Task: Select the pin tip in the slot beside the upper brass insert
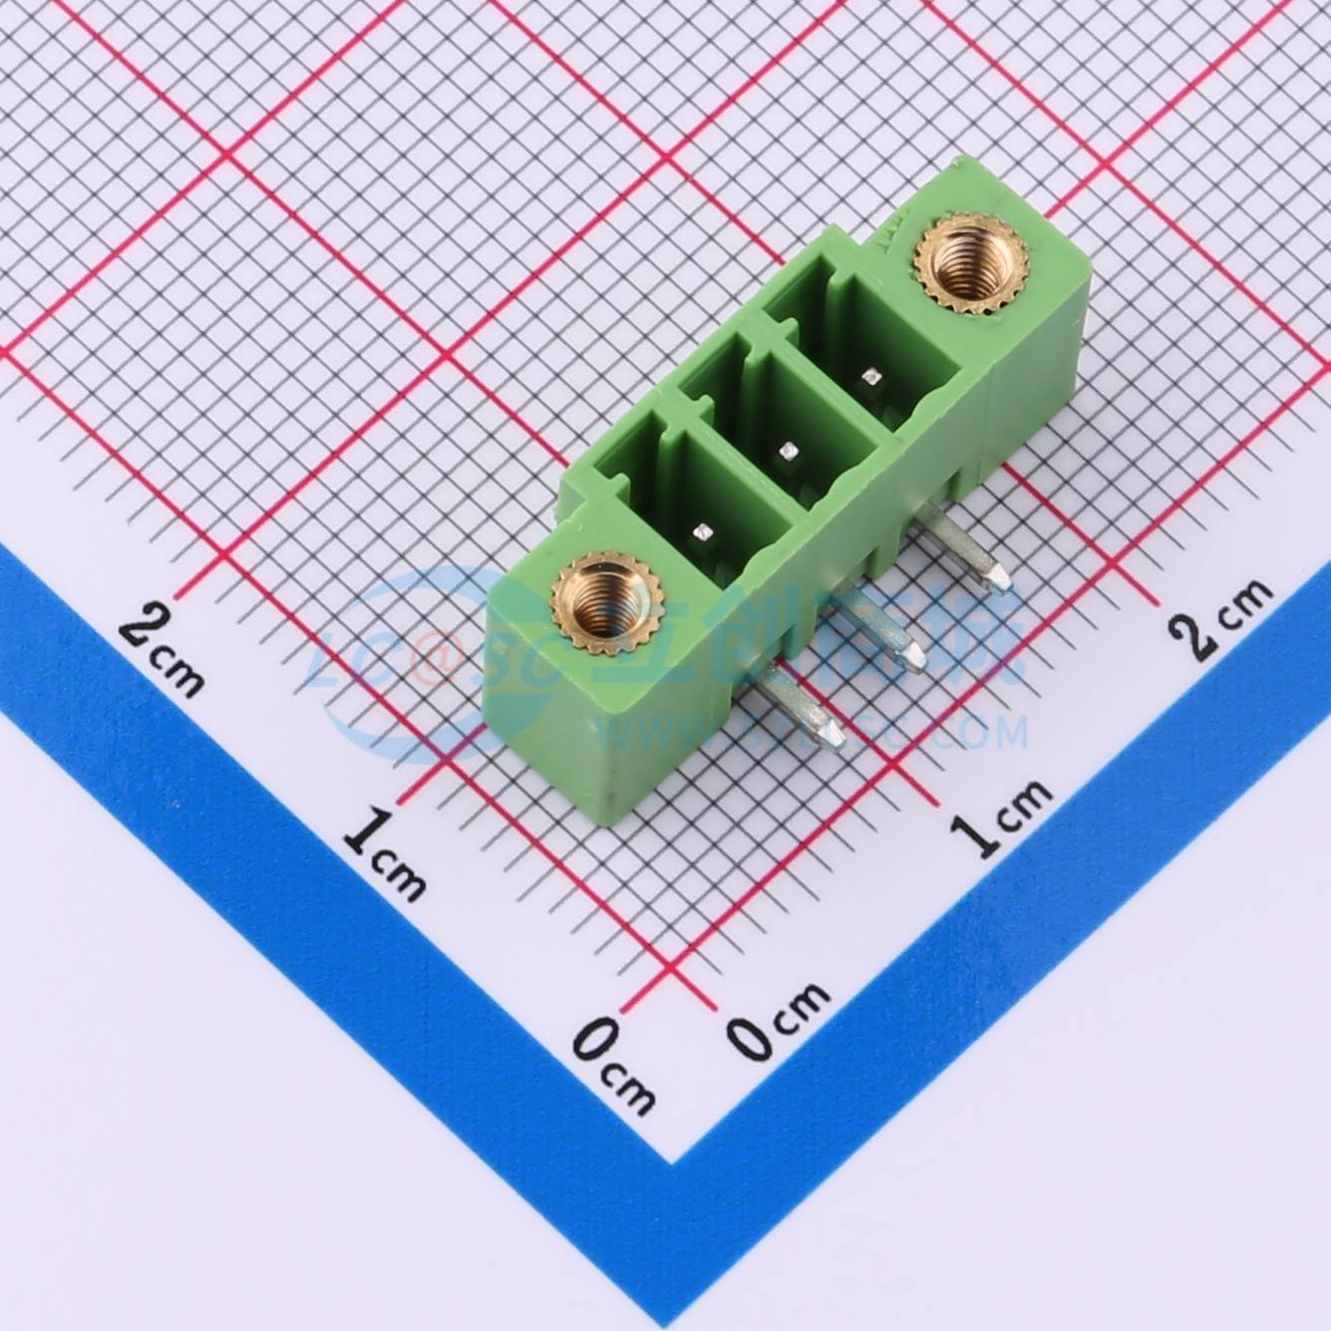click(872, 376)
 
